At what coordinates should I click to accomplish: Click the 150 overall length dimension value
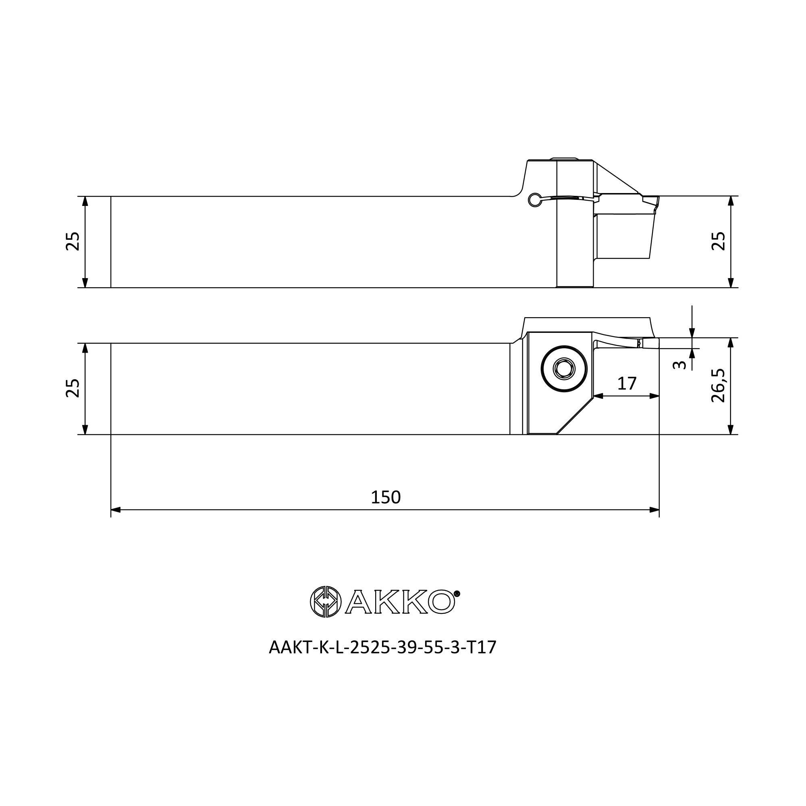pos(386,497)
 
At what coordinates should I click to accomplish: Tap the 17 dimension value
pos(627,383)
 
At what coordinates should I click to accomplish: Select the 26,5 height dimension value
pos(718,386)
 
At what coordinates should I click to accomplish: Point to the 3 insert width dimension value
pos(679,365)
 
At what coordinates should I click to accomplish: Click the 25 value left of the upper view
pos(73,241)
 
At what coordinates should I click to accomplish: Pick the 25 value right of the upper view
pos(718,241)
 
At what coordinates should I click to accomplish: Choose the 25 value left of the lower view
pos(73,388)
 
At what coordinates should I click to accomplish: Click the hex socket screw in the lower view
pos(564,369)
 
